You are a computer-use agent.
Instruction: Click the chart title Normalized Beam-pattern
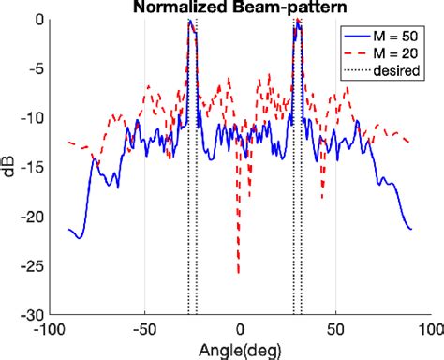(240, 7)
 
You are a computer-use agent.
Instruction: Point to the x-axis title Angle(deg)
(240, 351)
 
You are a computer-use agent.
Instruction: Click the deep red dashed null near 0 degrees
(238, 273)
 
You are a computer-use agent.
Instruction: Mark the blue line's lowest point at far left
(79, 238)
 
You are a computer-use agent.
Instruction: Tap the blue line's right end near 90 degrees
(410, 228)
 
